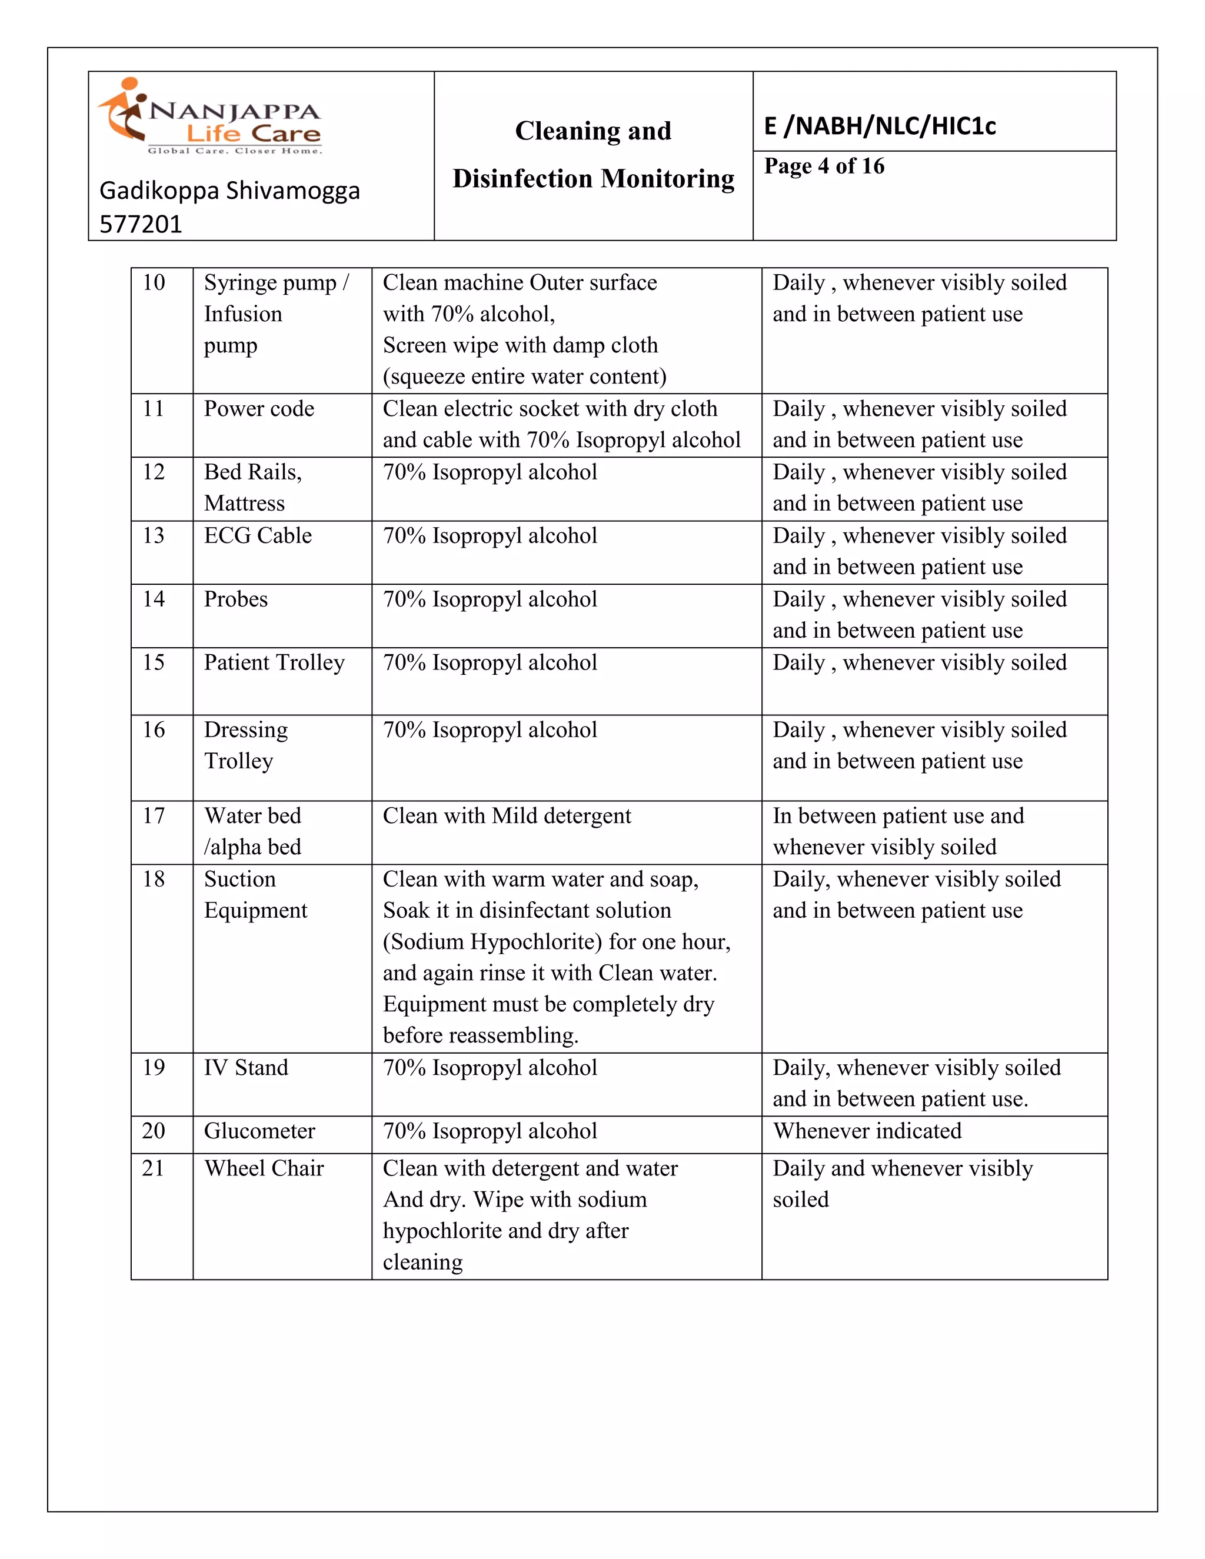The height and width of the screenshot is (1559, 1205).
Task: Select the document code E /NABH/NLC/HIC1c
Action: coord(880,126)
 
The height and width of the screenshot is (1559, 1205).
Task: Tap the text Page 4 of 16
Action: coord(824,166)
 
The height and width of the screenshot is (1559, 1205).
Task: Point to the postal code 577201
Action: coord(141,224)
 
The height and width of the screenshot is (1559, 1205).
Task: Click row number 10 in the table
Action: coord(154,282)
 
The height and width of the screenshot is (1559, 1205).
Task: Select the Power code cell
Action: coord(258,409)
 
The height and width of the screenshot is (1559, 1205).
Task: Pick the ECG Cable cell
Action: coord(258,536)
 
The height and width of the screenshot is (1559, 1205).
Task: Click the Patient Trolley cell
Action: coord(274,663)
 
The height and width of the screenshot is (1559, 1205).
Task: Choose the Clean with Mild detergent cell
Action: coord(507,816)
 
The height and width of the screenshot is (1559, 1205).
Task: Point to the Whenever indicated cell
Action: coord(867,1131)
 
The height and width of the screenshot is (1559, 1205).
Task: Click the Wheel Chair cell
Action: coord(264,1168)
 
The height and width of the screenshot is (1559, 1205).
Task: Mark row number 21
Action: coord(153,1168)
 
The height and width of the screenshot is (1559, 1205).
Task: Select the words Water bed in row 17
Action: coord(252,816)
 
